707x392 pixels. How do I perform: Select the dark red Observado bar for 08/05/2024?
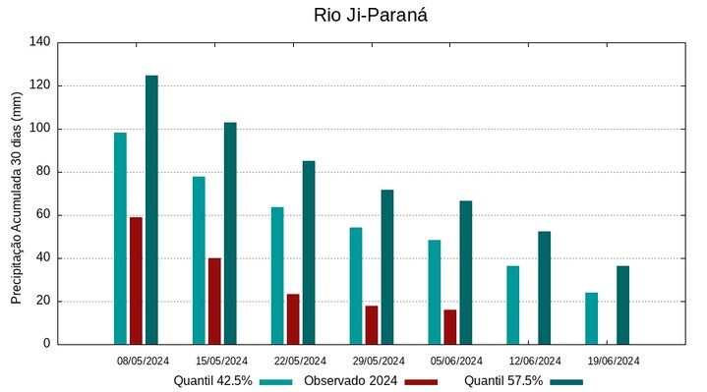pos(136,281)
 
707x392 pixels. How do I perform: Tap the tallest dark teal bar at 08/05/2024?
pos(151,210)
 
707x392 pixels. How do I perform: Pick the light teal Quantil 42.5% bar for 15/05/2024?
pos(199,260)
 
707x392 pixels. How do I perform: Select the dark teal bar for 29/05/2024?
pos(387,267)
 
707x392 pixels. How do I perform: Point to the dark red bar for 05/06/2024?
pos(449,327)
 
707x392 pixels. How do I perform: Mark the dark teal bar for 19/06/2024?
pos(622,306)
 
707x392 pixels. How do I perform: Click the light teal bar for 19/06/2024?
pos(591,318)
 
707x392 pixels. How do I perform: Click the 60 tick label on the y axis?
pos(43,215)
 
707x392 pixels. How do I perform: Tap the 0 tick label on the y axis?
pos(46,345)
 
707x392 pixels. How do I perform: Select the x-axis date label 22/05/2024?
pos(300,361)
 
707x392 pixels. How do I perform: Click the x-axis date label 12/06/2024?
pos(536,361)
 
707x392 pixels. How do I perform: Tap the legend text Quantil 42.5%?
pos(213,381)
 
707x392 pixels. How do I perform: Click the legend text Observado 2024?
pos(350,381)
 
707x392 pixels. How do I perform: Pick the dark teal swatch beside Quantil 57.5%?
pos(566,381)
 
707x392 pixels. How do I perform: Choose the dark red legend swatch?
pos(421,381)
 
